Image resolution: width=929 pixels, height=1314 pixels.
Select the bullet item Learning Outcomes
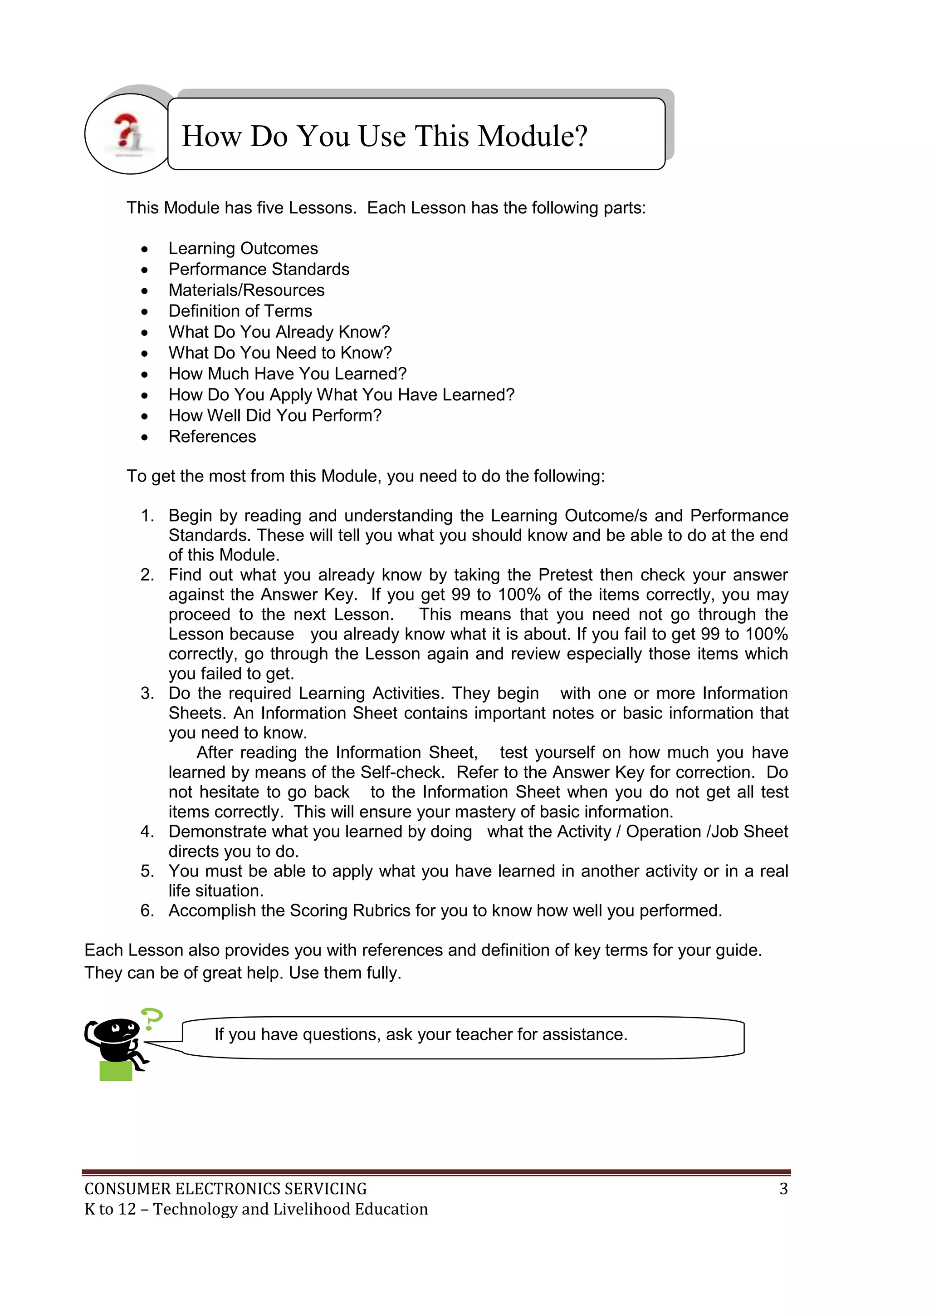tap(243, 248)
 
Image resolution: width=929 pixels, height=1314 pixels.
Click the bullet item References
tap(212, 437)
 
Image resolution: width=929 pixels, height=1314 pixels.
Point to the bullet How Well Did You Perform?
tap(274, 415)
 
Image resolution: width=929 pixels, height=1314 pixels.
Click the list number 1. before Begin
tap(147, 516)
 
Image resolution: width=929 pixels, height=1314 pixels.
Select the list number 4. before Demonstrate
tap(147, 832)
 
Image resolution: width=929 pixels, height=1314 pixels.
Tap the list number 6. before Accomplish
tap(147, 910)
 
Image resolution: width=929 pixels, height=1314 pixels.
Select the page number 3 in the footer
tap(783, 1189)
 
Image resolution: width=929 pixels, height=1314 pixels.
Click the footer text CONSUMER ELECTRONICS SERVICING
tap(225, 1189)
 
